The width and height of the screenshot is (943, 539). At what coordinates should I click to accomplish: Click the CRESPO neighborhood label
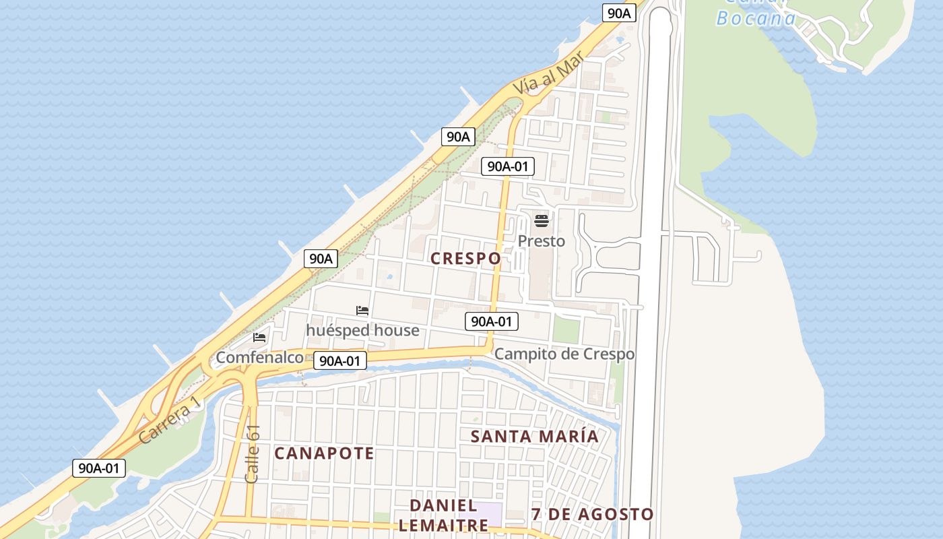pos(465,258)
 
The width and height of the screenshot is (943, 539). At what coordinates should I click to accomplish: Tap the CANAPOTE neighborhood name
pos(324,453)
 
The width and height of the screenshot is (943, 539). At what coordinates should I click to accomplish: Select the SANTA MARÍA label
pos(534,436)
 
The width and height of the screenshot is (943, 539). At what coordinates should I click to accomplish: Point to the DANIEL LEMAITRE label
pos(444,515)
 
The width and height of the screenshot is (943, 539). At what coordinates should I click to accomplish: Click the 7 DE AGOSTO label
pos(592,514)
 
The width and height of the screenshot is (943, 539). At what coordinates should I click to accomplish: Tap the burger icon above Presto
pos(542,220)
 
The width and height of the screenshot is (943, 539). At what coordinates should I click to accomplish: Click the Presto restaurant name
pos(542,241)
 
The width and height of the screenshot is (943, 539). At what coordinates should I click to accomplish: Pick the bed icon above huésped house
pos(362,311)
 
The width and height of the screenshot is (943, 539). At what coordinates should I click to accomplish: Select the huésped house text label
pos(362,330)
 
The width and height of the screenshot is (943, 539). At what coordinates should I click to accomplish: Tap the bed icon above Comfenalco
pos(259,338)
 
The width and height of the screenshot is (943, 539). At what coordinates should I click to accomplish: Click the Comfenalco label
pos(259,357)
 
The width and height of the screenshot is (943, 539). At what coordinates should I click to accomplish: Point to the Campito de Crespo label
pos(564,354)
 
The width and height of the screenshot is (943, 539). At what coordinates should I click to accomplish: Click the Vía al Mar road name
pos(547,75)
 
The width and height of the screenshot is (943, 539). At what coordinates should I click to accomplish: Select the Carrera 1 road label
pos(169,419)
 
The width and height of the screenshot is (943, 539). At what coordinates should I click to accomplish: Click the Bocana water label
pos(756,18)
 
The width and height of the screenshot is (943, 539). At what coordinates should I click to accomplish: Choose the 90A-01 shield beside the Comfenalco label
pos(340,360)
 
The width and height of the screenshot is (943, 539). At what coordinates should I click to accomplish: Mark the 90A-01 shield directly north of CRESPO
pos(508,166)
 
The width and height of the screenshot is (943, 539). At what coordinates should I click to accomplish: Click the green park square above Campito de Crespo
pos(566,329)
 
